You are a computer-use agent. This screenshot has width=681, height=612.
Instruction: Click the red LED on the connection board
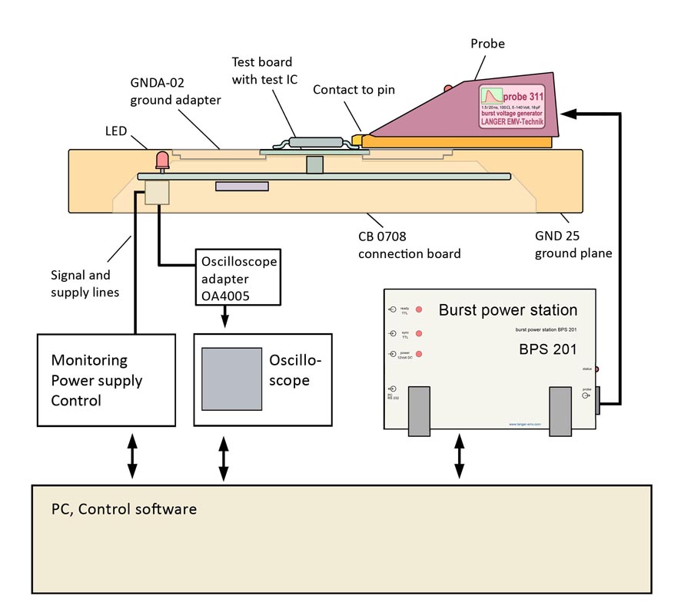[x=162, y=160]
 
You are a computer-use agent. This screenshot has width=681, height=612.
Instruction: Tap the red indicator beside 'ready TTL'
[x=419, y=309]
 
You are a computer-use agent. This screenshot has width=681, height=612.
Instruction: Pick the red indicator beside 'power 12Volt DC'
[x=419, y=354]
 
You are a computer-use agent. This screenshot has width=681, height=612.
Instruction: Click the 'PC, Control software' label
[x=124, y=509]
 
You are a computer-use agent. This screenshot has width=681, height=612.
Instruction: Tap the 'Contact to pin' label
[x=354, y=90]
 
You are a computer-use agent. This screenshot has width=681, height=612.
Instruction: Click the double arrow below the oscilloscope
[x=224, y=459]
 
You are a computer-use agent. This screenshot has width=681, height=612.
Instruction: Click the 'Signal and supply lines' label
[x=81, y=283]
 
